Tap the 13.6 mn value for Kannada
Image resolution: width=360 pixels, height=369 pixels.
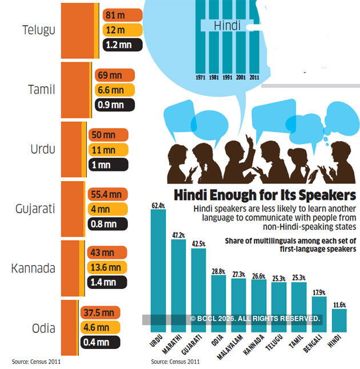point(107,267)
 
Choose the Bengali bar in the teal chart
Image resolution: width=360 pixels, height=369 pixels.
point(319,314)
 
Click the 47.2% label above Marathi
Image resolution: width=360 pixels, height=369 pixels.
point(178,235)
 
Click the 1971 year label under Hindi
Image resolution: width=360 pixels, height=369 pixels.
point(201,77)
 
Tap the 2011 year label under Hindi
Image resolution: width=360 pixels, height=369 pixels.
point(254,77)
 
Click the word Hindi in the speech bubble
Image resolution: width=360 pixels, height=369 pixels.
point(226,26)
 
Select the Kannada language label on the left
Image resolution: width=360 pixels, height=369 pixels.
point(33,268)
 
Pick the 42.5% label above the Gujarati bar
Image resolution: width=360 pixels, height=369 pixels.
point(198,244)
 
